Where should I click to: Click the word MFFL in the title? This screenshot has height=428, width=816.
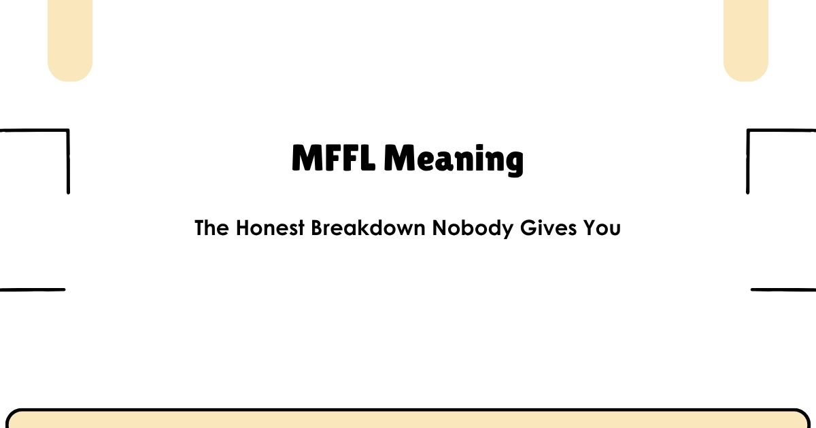[334, 159]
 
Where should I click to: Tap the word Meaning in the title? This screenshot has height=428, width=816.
[454, 160]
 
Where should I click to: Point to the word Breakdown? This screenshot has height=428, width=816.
[369, 228]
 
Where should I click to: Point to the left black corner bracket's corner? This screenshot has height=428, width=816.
[67, 130]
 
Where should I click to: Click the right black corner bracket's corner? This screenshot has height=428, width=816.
[749, 130]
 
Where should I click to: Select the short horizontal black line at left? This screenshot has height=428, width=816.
[32, 289]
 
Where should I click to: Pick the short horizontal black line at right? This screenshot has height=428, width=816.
[783, 289]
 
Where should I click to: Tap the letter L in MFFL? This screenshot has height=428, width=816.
[368, 159]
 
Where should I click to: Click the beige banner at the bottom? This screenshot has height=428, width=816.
[408, 419]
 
